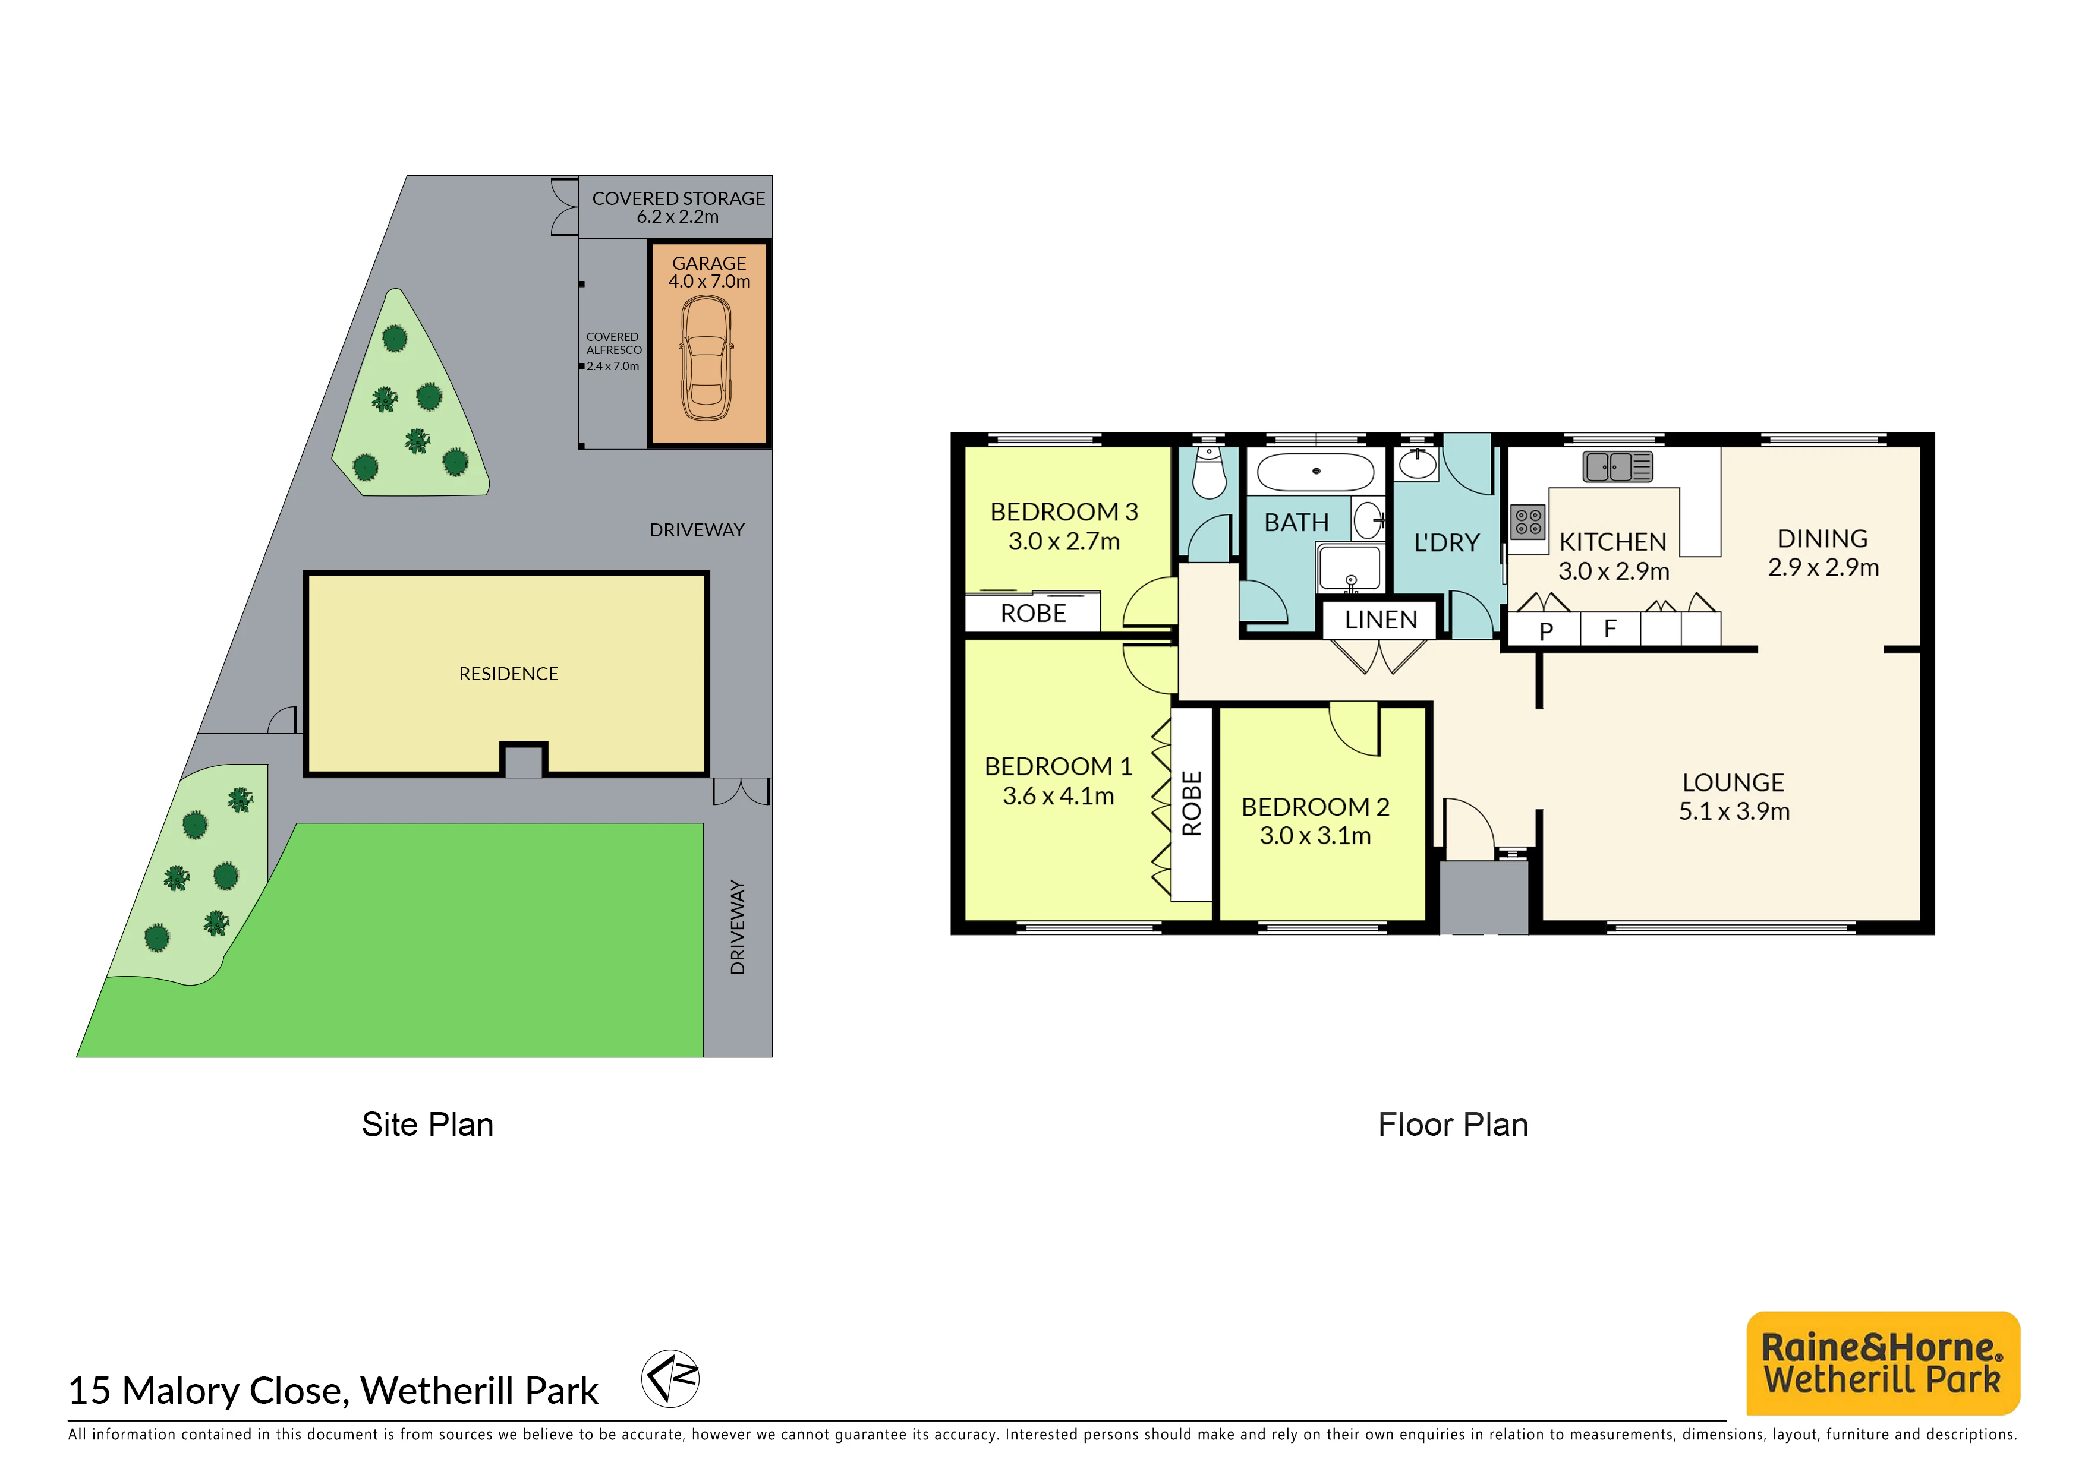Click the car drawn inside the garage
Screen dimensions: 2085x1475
tap(707, 358)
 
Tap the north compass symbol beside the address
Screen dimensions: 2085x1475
tap(670, 1378)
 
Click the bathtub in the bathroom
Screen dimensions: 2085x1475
tap(1315, 472)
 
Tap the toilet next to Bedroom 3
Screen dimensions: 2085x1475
tap(1209, 472)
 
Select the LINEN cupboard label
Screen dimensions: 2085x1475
tap(1381, 620)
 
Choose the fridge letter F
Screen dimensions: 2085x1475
tap(1610, 628)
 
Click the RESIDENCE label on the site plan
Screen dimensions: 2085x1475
tap(509, 674)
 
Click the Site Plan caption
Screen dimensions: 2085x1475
tap(428, 1125)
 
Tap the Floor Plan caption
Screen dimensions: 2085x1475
tap(1453, 1125)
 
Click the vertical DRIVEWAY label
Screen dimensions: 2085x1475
tap(738, 927)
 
